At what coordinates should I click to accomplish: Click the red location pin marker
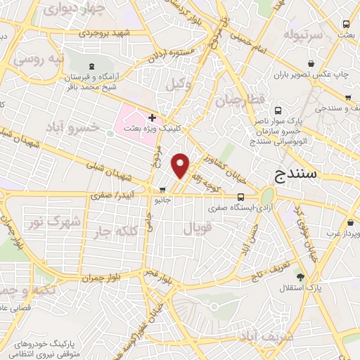(181, 165)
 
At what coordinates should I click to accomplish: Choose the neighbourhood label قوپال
(197, 229)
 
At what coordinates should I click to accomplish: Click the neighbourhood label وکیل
(179, 84)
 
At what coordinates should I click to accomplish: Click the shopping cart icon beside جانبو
(163, 189)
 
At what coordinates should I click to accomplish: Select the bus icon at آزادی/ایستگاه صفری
(240, 198)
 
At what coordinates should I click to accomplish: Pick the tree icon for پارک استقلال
(300, 277)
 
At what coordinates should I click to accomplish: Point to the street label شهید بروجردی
(105, 32)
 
